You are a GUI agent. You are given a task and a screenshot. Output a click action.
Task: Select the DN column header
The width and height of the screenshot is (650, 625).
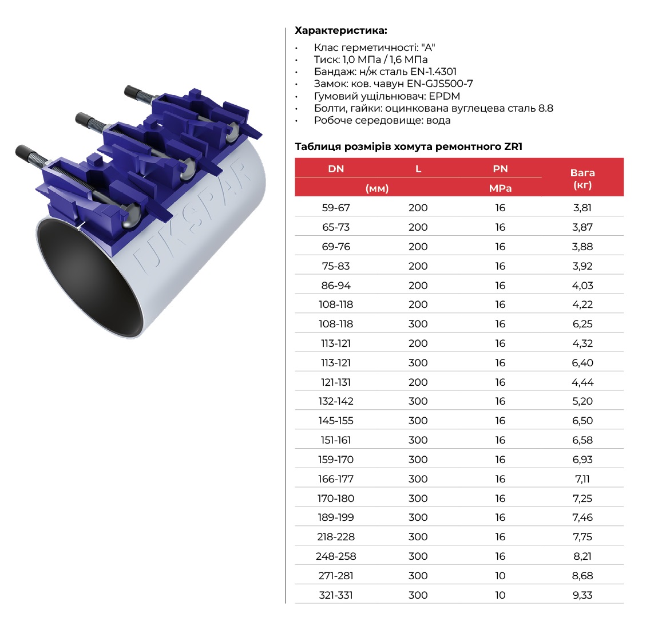336,169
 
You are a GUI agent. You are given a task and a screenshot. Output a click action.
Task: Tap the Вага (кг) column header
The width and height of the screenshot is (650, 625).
582,179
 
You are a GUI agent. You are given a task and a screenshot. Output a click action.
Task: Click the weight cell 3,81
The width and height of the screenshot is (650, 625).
582,208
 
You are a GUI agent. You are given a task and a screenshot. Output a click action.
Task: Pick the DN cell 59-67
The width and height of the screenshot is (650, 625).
336,208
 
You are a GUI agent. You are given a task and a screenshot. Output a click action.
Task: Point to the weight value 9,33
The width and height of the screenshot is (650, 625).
582,595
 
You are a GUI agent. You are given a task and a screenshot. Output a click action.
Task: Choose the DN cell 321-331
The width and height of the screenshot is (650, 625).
336,595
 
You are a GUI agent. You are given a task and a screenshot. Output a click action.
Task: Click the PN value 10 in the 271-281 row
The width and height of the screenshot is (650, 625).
500,576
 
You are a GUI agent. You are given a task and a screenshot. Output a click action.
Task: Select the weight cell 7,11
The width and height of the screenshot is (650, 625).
582,479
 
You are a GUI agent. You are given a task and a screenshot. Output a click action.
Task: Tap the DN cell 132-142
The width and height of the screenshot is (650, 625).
336,401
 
